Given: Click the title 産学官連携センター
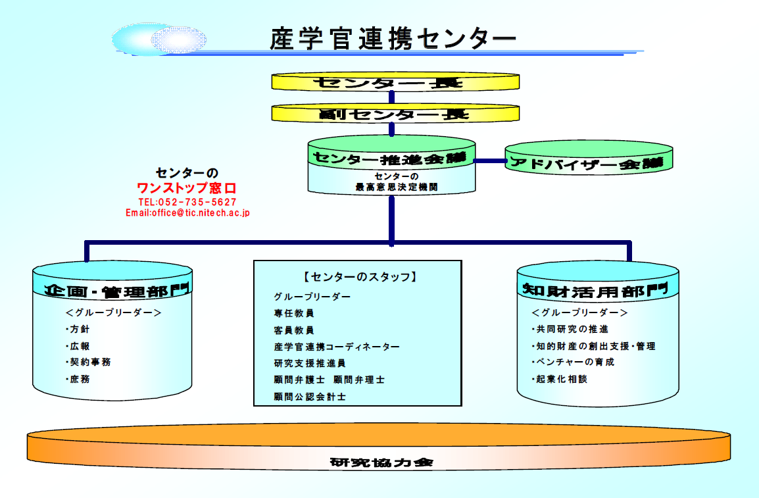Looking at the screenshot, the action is click(393, 39).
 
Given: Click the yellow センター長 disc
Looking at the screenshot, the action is click(395, 82).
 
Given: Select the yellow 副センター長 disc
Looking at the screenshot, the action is click(395, 113).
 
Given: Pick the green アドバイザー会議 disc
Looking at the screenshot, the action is click(589, 158).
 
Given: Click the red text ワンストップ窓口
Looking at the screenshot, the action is click(186, 187).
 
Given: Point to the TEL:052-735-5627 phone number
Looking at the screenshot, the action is click(187, 203).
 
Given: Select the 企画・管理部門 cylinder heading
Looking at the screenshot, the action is click(116, 291).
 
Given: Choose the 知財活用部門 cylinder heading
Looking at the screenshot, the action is click(595, 291).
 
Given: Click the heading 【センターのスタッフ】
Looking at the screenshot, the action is click(360, 277).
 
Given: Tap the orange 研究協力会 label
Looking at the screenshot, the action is click(381, 462).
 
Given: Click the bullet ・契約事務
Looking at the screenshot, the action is click(88, 362).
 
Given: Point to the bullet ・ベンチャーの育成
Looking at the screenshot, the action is click(573, 362).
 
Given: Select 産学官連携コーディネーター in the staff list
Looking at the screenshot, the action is click(337, 347).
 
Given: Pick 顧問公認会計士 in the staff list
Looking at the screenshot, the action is click(310, 397).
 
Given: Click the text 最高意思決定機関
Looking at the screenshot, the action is click(397, 187).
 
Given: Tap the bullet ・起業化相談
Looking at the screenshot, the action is click(560, 379).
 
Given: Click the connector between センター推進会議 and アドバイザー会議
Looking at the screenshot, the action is click(491, 161).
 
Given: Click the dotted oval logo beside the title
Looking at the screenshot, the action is click(179, 39).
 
